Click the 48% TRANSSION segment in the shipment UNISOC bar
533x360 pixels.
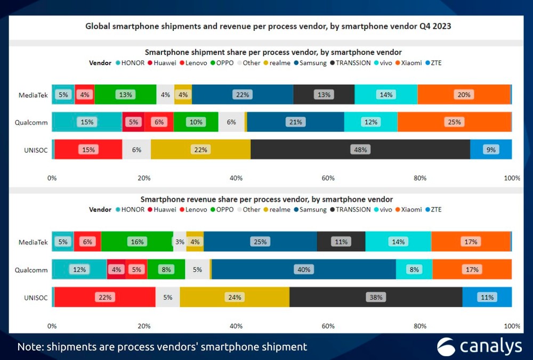coord(360,150)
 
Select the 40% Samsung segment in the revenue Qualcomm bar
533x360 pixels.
coord(304,269)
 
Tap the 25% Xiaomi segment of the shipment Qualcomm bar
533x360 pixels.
coord(454,122)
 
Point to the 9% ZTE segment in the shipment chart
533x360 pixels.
coord(491,150)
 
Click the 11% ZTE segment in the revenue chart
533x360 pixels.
coord(487,297)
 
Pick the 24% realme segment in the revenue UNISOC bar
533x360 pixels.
coord(235,297)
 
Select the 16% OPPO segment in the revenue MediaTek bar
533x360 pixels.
coord(137,242)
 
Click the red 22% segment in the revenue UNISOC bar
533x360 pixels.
coord(105,297)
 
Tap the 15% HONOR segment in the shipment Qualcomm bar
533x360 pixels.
coord(87,122)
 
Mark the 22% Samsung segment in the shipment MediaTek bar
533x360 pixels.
coord(243,95)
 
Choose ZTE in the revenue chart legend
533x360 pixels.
coord(436,209)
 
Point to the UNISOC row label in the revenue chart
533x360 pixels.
coord(36,297)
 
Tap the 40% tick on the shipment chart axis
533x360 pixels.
coord(236,178)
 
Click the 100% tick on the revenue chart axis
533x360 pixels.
coord(512,326)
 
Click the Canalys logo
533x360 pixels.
coord(479,347)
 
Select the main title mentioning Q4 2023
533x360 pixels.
coord(269,26)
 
